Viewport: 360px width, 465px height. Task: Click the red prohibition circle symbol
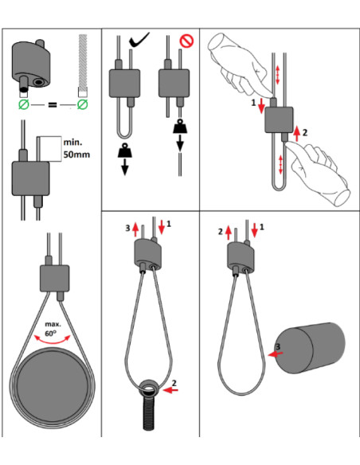pos(187,41)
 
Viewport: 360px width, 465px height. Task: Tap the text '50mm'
pos(76,154)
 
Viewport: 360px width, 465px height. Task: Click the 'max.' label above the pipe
pos(53,324)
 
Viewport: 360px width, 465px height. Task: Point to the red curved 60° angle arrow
pos(53,342)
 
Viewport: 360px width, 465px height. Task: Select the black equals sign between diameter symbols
pos(53,104)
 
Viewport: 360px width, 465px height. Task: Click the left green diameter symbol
pos(24,104)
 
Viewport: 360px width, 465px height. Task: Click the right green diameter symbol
pos(83,104)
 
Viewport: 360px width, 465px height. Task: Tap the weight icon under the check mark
pos(124,150)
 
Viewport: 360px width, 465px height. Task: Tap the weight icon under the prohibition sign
pos(180,126)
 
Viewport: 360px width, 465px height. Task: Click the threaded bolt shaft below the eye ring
pos(148,413)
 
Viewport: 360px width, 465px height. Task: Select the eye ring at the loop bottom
pos(149,388)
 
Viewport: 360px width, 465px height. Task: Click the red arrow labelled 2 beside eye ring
pos(170,390)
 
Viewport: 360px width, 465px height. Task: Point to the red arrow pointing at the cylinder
pos(276,354)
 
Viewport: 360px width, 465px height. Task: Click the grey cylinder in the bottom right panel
pos(310,348)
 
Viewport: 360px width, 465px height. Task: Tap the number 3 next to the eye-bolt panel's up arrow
pos(127,228)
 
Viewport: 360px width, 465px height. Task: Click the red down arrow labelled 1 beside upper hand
pos(261,106)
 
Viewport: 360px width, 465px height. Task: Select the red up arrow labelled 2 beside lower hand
pos(296,133)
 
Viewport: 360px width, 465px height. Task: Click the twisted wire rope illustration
pos(83,62)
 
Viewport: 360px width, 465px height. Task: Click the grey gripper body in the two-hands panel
pos(279,119)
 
